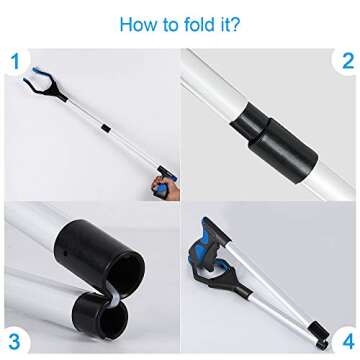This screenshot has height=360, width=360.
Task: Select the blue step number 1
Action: click(14, 63)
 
